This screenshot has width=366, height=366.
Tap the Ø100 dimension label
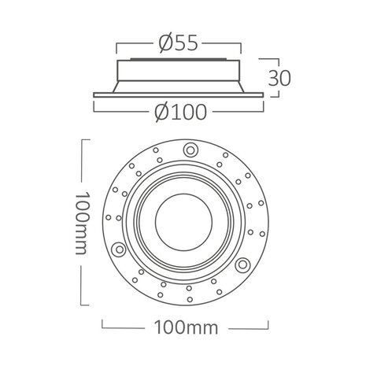tap(183, 113)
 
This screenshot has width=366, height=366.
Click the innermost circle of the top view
tap(183, 221)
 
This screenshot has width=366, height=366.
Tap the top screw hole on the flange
tap(191, 150)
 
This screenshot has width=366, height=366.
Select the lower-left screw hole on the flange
tap(118, 249)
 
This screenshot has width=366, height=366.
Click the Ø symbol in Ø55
tap(164, 44)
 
